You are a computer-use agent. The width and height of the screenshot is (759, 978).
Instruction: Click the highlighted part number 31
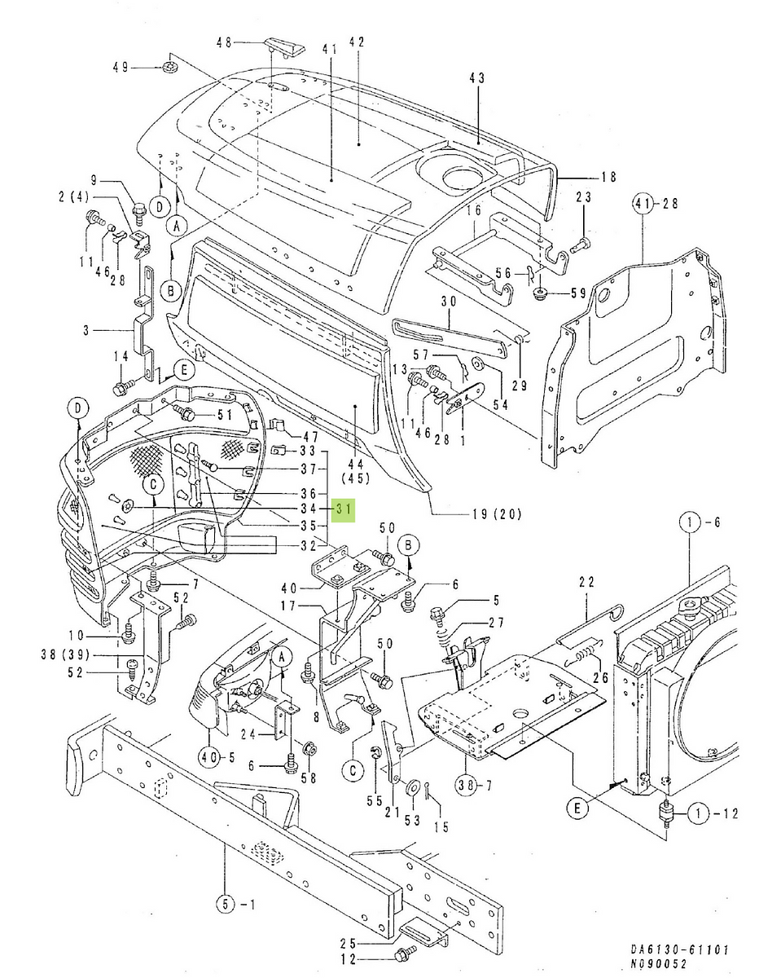(x=344, y=510)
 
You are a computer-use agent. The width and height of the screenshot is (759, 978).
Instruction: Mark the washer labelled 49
(x=170, y=66)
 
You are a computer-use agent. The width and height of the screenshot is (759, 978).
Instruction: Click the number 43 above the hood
(x=476, y=78)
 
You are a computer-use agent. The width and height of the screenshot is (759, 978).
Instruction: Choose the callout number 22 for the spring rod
(x=587, y=582)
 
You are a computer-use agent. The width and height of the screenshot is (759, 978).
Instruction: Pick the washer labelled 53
(x=412, y=786)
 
